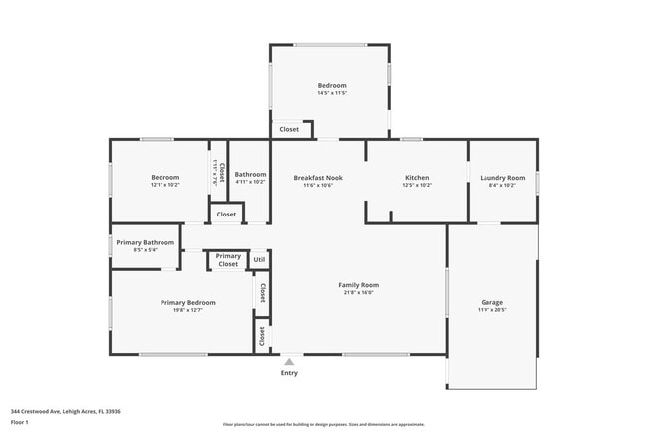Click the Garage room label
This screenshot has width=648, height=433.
pos(491,302)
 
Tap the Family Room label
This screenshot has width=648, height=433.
pos(361,285)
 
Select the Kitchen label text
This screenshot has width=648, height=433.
pos(416,178)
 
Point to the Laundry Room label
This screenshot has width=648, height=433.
pos(501,178)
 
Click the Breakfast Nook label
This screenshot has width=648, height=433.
pos(318,178)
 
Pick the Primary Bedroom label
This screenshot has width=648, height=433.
pos(187,302)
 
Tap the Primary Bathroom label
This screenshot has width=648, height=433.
pos(145,242)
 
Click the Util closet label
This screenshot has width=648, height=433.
pos(259,259)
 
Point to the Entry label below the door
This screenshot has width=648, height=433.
pos(289,373)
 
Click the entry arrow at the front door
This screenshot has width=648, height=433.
pos(289,361)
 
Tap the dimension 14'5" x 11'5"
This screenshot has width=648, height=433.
pos(332,93)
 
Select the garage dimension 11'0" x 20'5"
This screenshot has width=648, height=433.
pos(491,310)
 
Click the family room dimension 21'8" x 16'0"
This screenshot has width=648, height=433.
pos(361,293)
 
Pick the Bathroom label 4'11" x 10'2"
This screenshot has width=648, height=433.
pos(250,182)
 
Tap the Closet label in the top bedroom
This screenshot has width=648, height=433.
pos(289,129)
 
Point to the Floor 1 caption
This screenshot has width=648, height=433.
pos(20,422)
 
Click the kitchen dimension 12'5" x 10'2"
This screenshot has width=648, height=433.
pos(416,186)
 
